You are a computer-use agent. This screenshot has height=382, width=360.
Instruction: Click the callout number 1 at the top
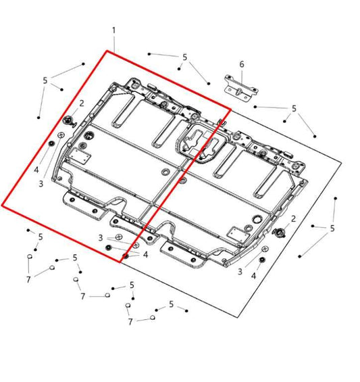113,30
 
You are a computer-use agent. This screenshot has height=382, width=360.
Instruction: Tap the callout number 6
242,64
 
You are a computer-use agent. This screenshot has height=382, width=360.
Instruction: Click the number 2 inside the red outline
82,103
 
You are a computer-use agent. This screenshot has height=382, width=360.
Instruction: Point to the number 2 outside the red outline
293,218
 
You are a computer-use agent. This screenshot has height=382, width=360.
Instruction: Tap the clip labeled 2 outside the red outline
280,234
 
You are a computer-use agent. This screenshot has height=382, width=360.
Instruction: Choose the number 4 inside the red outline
36,170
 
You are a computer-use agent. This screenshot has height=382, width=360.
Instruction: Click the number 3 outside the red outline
239,271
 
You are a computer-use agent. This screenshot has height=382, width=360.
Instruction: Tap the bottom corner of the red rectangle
122,262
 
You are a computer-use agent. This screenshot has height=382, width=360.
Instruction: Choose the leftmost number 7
28,279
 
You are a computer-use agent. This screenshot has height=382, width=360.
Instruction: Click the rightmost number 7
131,322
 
